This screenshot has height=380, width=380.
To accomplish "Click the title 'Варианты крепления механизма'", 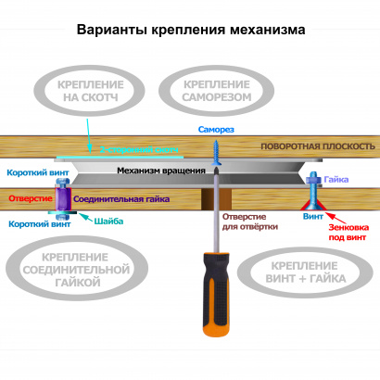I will click(190, 30).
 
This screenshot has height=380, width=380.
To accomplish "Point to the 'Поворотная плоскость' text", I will click(317, 147).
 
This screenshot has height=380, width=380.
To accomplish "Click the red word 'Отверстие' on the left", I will click(29, 197).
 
